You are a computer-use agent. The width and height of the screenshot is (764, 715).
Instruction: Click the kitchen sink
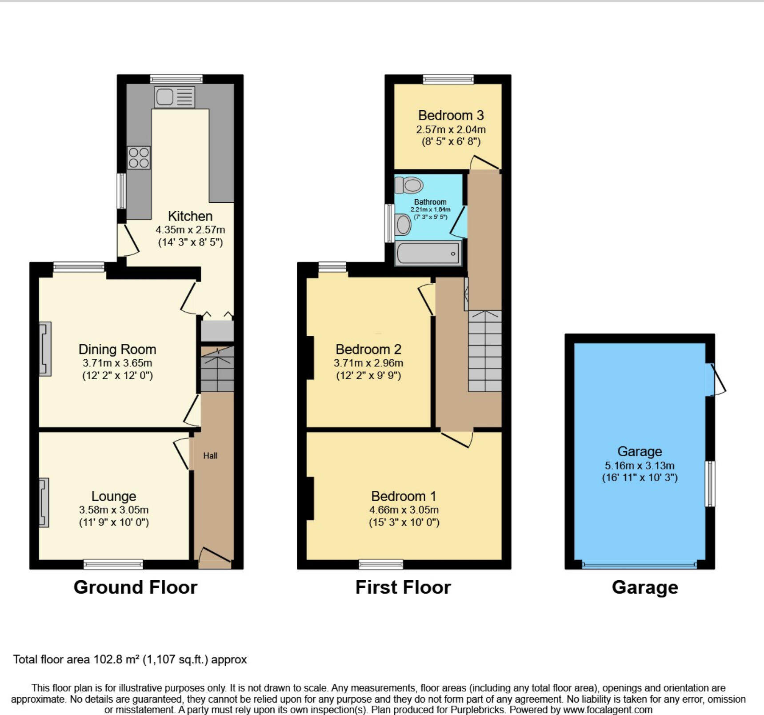175,97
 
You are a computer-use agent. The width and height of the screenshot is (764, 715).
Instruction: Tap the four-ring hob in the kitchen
139,158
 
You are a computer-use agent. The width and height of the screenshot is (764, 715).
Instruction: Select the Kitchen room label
190,216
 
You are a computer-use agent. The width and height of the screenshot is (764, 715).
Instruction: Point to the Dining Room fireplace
45,349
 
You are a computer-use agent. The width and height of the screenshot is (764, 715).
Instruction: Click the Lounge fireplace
44,502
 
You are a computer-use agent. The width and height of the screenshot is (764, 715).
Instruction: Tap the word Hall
210,455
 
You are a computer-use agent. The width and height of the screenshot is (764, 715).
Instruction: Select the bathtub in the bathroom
428,253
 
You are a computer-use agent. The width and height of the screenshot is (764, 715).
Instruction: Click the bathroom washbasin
403,224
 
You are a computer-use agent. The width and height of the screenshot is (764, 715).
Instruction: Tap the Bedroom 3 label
451,116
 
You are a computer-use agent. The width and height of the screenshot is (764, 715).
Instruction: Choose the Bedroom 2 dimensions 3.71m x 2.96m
368,363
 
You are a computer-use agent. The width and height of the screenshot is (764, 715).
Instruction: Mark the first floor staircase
484,351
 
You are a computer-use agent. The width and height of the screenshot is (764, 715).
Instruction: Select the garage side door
716,379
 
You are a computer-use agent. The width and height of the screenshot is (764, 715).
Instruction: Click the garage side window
711,484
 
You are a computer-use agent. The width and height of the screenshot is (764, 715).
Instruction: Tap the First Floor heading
403,587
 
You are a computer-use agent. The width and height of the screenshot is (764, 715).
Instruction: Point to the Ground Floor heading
136,587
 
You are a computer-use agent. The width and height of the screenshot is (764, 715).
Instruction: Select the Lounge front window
113,564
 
